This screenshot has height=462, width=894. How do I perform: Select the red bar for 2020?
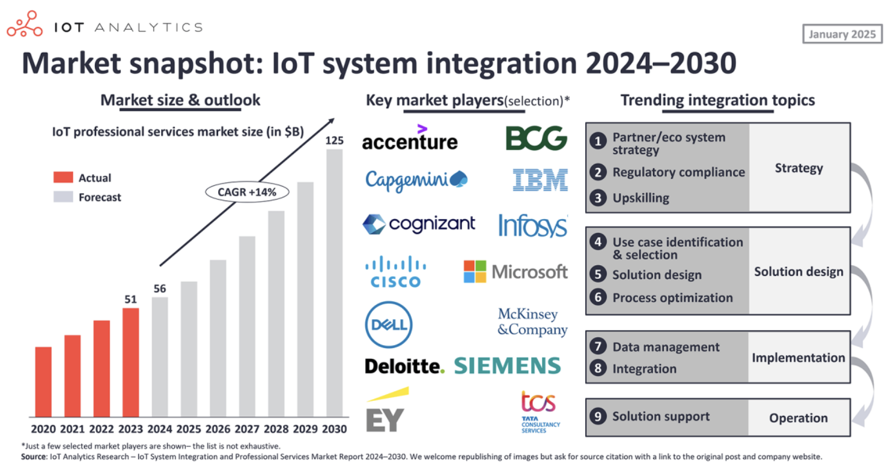43,382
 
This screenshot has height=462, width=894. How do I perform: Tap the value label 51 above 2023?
130,299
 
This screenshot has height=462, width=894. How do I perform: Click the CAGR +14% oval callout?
247,192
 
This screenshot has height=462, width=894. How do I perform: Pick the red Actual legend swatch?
62,178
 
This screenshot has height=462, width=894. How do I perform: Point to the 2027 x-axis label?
247,429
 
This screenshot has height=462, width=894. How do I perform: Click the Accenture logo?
410,139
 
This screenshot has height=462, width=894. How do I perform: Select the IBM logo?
540,179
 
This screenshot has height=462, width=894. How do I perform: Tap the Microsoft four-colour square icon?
475,271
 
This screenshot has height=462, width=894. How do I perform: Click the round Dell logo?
389,325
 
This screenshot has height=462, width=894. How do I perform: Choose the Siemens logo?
508,365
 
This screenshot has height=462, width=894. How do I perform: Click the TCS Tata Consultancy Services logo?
539,411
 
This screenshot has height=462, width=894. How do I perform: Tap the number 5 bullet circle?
597,275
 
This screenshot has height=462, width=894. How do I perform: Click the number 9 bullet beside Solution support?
597,416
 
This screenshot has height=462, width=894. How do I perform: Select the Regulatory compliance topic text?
678,172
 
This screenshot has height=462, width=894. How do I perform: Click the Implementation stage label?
798,358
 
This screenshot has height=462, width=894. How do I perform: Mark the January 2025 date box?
842,34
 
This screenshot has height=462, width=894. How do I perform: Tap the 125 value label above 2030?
334,140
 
